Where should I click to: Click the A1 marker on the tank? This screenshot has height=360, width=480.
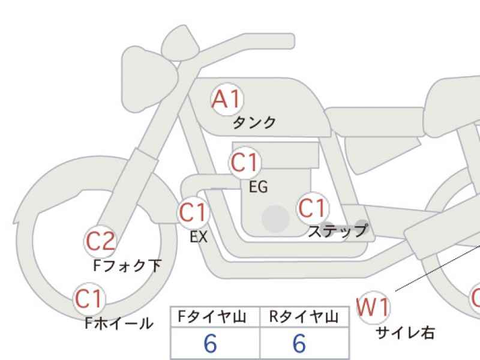pyautogui.click(x=227, y=99)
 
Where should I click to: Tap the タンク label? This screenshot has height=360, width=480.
pyautogui.click(x=254, y=123)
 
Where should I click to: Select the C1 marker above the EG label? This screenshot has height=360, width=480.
pyautogui.click(x=245, y=163)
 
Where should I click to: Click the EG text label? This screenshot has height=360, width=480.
pyautogui.click(x=259, y=187)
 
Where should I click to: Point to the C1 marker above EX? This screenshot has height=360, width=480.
pyautogui.click(x=193, y=212)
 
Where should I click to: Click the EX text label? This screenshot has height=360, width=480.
pyautogui.click(x=199, y=236)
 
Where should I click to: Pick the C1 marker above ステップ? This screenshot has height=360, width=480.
pyautogui.click(x=313, y=208)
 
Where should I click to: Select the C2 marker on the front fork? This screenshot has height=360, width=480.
pyautogui.click(x=100, y=242)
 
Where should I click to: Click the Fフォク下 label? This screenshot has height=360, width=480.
pyautogui.click(x=127, y=265)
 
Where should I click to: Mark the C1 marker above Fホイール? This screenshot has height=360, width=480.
pyautogui.click(x=89, y=299)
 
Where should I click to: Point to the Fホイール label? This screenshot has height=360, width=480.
pyautogui.click(x=119, y=323)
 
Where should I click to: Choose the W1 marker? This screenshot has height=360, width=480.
pyautogui.click(x=373, y=307)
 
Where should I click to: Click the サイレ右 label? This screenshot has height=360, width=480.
pyautogui.click(x=405, y=333)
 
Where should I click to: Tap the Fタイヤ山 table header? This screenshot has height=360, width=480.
pyautogui.click(x=212, y=317)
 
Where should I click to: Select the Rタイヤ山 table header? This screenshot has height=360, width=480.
pyautogui.click(x=304, y=317)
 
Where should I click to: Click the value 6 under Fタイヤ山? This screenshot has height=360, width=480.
pyautogui.click(x=211, y=343)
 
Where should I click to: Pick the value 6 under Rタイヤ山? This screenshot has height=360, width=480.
pyautogui.click(x=299, y=343)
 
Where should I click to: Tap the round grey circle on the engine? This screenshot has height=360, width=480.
pyautogui.click(x=275, y=219)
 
